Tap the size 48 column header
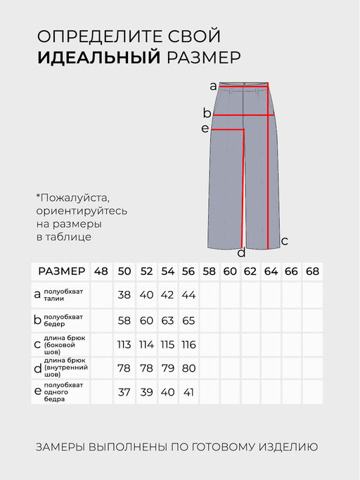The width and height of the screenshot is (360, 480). [101, 271]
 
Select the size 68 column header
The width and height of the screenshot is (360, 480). [312, 271]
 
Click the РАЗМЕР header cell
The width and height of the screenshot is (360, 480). [61, 271]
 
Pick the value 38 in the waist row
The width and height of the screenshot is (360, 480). [124, 295]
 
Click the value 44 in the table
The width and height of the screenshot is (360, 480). [188, 295]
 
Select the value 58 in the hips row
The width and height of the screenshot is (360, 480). [124, 320]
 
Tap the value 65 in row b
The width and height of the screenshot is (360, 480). [188, 320]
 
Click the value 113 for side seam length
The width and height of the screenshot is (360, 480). [124, 344]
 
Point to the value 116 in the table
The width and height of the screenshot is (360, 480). [188, 344]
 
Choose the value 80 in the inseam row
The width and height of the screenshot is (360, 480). [188, 368]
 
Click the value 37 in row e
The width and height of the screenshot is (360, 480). [124, 392]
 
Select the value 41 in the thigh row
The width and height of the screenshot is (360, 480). [188, 392]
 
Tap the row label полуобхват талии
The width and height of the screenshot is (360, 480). [63, 295]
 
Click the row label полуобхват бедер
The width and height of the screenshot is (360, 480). [63, 320]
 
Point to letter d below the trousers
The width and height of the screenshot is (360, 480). [241, 253]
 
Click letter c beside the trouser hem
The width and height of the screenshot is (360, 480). [284, 240]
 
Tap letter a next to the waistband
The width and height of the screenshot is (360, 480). [213, 86]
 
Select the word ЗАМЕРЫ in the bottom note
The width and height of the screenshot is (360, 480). [62, 446]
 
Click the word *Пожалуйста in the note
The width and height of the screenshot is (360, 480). [73, 197]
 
